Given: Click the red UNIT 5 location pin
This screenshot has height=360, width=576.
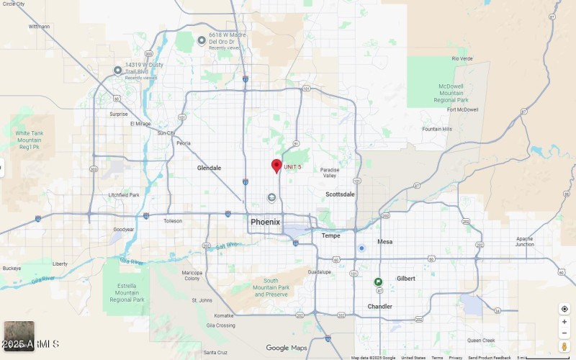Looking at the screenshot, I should (x=276, y=166).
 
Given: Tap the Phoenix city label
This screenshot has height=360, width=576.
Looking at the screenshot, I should (x=265, y=222).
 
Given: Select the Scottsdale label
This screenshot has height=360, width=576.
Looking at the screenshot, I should (x=340, y=194).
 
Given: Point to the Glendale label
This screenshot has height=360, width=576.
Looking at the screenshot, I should (x=209, y=168).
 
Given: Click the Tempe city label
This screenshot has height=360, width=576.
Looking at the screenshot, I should (x=330, y=235).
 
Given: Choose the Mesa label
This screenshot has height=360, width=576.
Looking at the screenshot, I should (x=385, y=242).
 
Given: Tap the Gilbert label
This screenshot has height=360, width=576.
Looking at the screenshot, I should (x=405, y=279).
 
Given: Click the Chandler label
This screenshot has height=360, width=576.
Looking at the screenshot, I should (x=380, y=306).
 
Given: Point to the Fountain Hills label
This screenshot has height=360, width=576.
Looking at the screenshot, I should (x=437, y=129).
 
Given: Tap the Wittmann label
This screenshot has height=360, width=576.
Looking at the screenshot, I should (x=39, y=27).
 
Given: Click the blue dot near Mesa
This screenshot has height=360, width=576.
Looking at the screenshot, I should (x=362, y=248).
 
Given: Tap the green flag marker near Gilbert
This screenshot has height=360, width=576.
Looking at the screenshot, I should (x=378, y=282).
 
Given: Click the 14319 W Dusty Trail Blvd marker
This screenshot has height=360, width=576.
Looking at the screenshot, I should (x=118, y=70).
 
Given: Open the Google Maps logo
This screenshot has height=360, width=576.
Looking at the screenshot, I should (x=287, y=348).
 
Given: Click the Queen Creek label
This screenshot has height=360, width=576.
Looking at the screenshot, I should (x=481, y=340).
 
